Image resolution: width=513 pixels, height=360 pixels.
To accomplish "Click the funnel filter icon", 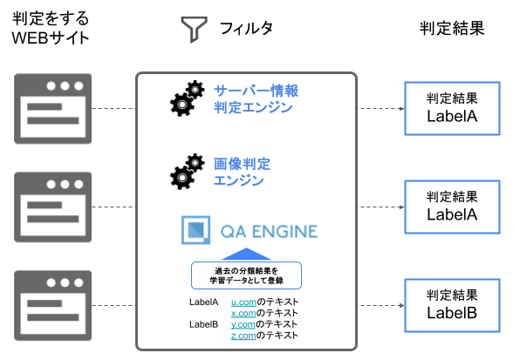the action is (x=194, y=30).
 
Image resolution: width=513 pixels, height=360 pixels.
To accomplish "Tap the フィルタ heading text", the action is (x=246, y=28).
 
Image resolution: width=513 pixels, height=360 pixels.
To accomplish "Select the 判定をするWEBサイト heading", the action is (x=51, y=28).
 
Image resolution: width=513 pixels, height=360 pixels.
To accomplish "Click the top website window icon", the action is (x=52, y=109).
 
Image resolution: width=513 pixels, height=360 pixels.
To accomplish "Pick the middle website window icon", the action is (x=52, y=207).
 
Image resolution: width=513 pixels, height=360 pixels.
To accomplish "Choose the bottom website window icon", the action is (x=52, y=305).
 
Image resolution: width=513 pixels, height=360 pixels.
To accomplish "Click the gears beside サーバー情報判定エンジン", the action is (x=187, y=98).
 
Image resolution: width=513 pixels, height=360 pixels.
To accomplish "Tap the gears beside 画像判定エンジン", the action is (x=187, y=172).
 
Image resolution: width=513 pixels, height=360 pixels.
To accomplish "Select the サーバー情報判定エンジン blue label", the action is (x=256, y=99).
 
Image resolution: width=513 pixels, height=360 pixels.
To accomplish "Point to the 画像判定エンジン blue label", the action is (x=242, y=172).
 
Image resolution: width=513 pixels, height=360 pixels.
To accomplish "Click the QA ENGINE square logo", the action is (x=195, y=230).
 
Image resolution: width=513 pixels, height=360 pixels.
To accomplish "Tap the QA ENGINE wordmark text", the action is (x=269, y=232).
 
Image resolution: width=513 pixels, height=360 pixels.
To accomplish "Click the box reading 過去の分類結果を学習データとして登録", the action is (x=246, y=275).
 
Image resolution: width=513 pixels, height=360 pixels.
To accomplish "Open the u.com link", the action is (x=243, y=302).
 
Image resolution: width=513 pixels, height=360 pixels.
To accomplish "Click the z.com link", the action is (x=243, y=336).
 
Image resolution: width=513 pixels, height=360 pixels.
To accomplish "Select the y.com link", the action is (x=243, y=324).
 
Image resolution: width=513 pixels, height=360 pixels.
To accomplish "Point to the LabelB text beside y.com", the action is (x=203, y=324).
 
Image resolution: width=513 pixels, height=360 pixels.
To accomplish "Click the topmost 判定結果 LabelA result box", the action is (x=452, y=109).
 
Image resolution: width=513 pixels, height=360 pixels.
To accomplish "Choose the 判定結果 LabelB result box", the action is (x=452, y=305).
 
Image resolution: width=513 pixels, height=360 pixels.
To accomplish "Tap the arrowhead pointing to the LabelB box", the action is (x=401, y=305).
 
